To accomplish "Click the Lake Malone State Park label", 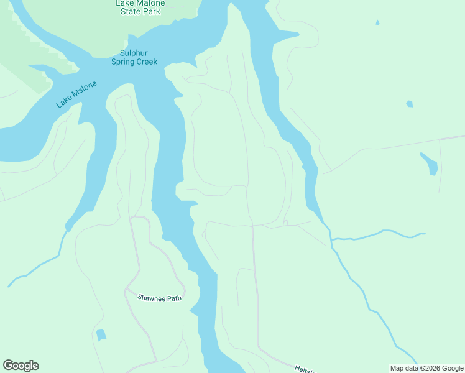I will (140, 7).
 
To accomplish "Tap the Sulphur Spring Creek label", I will (134, 57).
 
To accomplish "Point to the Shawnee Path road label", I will (160, 298).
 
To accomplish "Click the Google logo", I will (21, 366).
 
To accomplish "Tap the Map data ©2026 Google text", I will (426, 368).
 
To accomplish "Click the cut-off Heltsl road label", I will (305, 369).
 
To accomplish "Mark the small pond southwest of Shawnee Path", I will (101, 335).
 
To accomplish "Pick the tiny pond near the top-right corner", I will (377, 23).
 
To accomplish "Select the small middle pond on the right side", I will (409, 104).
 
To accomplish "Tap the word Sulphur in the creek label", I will (134, 53).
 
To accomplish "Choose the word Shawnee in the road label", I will (152, 298).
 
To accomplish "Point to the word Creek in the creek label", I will (146, 62).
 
